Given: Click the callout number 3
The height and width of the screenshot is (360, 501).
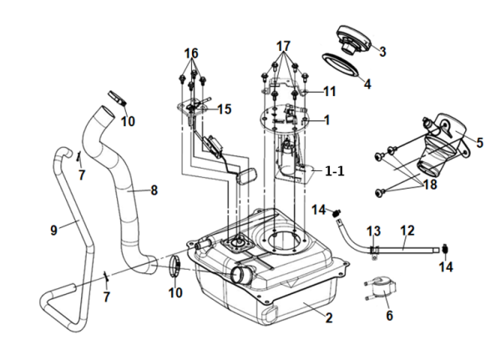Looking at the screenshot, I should click(x=382, y=52).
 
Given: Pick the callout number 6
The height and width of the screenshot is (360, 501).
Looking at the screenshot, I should click(x=389, y=316).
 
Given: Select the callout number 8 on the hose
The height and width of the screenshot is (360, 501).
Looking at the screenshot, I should click(x=154, y=190).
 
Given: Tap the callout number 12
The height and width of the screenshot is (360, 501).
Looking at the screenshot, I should click(x=407, y=229).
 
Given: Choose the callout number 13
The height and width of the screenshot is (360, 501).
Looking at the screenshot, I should click(x=373, y=230).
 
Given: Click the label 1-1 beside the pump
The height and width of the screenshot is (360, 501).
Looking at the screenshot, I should click(x=335, y=170).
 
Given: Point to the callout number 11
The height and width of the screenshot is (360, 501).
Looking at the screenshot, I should click(x=329, y=91).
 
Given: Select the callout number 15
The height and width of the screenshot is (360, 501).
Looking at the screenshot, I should click(x=224, y=109).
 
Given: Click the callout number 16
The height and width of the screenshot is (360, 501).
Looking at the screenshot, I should click(x=192, y=53).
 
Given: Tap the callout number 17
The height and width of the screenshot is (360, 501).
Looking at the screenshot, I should click(x=283, y=44).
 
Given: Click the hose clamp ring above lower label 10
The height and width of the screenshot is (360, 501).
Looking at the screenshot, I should click(x=176, y=266).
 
